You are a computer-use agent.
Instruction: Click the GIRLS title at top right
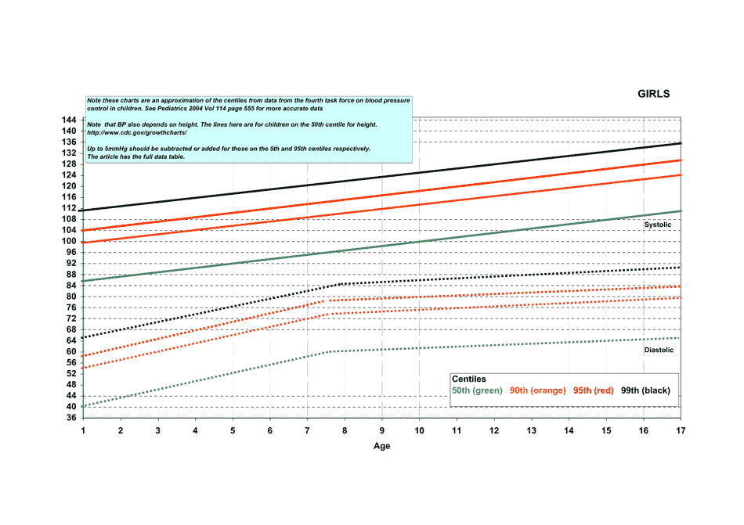click(654, 94)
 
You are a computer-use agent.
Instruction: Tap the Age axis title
click(381, 447)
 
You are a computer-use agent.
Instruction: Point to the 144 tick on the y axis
click(70, 120)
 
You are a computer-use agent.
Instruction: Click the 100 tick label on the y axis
click(70, 241)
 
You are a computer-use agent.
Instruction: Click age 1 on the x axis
click(83, 431)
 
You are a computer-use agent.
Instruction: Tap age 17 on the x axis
click(681, 431)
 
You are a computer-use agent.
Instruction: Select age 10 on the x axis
click(419, 431)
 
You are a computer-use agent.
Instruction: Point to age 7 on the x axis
click(307, 431)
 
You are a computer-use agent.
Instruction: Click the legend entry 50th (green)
click(477, 390)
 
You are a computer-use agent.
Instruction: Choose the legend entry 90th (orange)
click(537, 390)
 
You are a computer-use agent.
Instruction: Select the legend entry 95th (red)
click(594, 390)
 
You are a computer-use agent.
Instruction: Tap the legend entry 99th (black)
click(645, 390)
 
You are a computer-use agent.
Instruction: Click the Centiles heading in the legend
click(469, 379)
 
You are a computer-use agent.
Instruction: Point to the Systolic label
click(658, 225)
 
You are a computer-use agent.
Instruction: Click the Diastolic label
click(659, 351)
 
